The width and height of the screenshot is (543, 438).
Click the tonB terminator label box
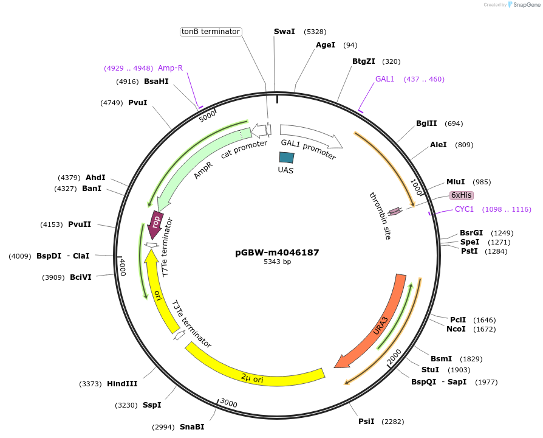[x=211, y=32]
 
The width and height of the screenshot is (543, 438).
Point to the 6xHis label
[x=461, y=195]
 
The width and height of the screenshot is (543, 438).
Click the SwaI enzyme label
[x=284, y=32]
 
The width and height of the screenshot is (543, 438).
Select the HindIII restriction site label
[x=122, y=384]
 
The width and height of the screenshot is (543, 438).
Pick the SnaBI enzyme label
[x=192, y=427]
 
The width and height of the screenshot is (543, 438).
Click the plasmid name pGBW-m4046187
[x=277, y=252]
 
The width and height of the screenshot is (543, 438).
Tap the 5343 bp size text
[x=277, y=262]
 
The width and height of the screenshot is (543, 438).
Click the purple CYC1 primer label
[x=464, y=209]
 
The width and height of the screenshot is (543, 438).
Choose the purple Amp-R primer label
[x=170, y=68]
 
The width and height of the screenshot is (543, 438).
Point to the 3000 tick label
[x=228, y=403]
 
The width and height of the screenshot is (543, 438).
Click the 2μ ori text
[x=252, y=379]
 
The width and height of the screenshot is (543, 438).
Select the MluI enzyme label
[x=456, y=182]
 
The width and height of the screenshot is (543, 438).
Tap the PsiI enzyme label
[x=366, y=421]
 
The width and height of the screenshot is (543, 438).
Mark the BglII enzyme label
[x=426, y=123]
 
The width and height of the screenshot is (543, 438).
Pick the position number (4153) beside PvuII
[x=51, y=224]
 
